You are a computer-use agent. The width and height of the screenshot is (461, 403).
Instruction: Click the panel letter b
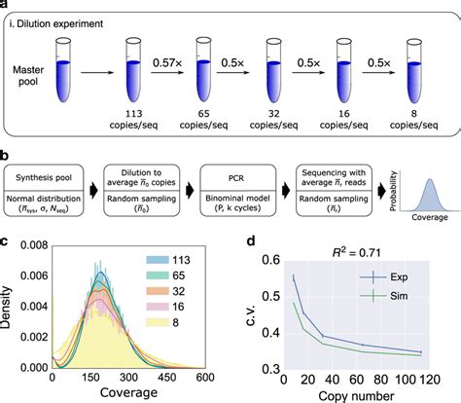tap(7, 155)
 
